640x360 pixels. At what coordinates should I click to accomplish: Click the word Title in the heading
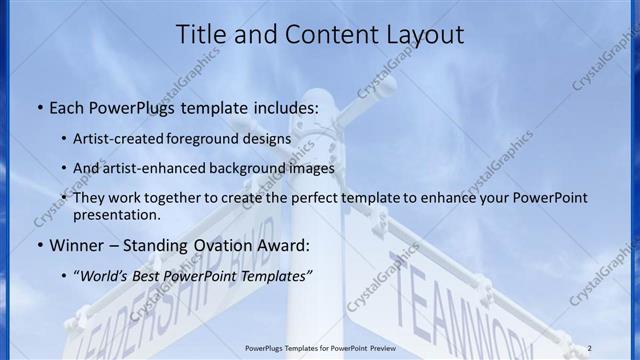205,35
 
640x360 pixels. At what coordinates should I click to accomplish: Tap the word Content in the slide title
319,35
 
